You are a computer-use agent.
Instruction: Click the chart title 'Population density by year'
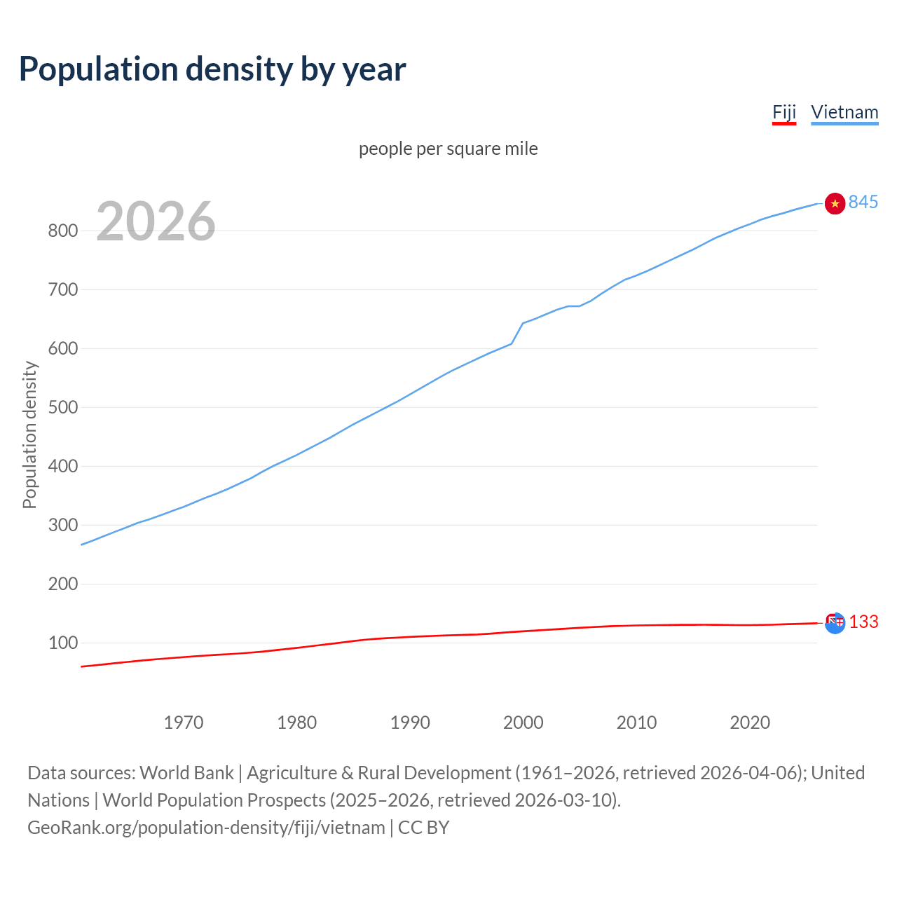(x=212, y=69)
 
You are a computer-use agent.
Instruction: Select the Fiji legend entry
(x=784, y=112)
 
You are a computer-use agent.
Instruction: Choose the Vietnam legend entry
(x=844, y=112)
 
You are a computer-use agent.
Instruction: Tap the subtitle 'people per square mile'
(x=448, y=149)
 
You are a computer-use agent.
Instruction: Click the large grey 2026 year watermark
(x=156, y=221)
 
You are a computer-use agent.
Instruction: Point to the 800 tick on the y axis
(x=62, y=231)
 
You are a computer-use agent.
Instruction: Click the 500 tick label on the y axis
(x=62, y=407)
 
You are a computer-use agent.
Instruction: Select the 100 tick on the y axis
(x=62, y=643)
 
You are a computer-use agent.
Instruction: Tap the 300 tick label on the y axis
(x=62, y=525)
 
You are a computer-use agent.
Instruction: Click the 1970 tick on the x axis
(x=184, y=723)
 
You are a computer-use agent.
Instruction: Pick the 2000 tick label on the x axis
(x=523, y=723)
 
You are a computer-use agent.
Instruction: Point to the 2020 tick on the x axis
(x=750, y=723)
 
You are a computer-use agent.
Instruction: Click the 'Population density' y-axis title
(x=29, y=434)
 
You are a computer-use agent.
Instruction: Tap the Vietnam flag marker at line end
(x=835, y=203)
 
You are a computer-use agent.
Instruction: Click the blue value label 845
(x=863, y=203)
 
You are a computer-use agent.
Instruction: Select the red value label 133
(x=864, y=622)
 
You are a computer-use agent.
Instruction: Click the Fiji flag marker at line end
(x=835, y=622)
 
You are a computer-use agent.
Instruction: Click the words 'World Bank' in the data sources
(x=186, y=773)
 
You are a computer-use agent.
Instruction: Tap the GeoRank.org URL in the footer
(x=206, y=828)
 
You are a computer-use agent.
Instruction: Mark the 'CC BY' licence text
(x=424, y=828)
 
